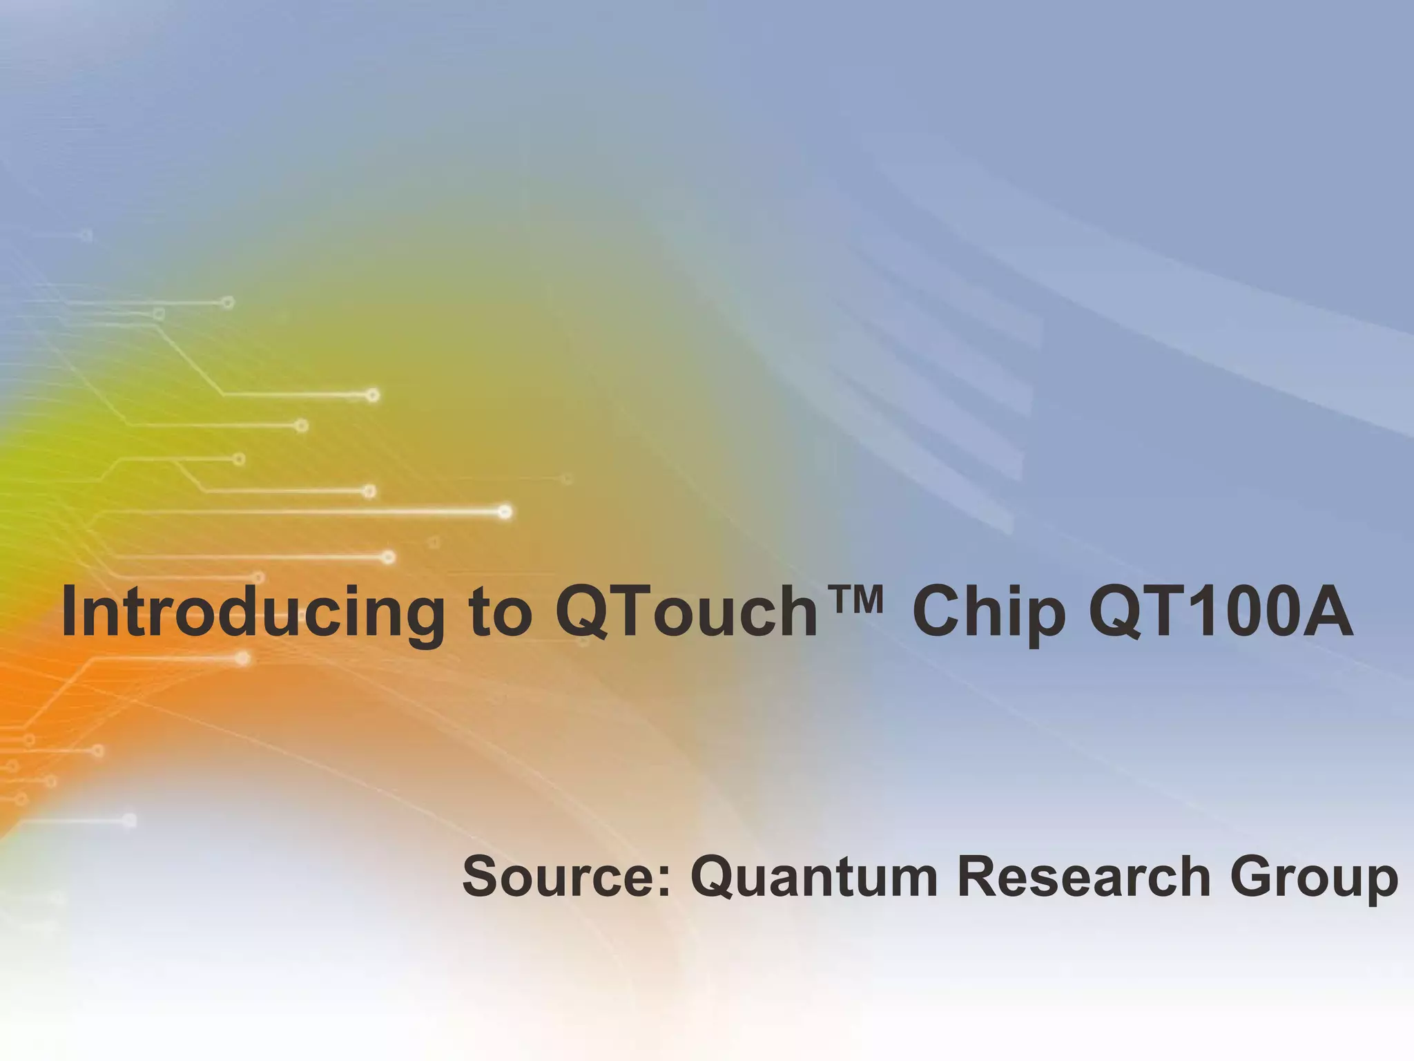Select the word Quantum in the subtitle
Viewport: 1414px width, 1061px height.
tap(814, 877)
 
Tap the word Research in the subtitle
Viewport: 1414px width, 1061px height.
tap(1083, 877)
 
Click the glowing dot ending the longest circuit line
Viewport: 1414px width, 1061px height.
tap(505, 512)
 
